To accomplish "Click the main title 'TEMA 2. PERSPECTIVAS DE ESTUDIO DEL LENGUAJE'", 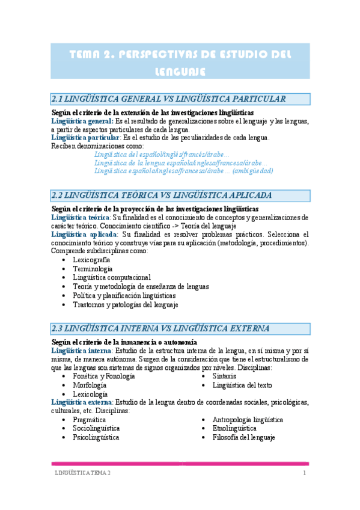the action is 180,62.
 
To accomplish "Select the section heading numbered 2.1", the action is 169,99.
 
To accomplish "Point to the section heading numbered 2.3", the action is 161,328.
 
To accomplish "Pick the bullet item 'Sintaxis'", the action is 224,376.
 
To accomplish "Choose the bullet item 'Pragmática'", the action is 90,420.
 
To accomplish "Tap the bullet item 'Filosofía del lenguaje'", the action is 243,438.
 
